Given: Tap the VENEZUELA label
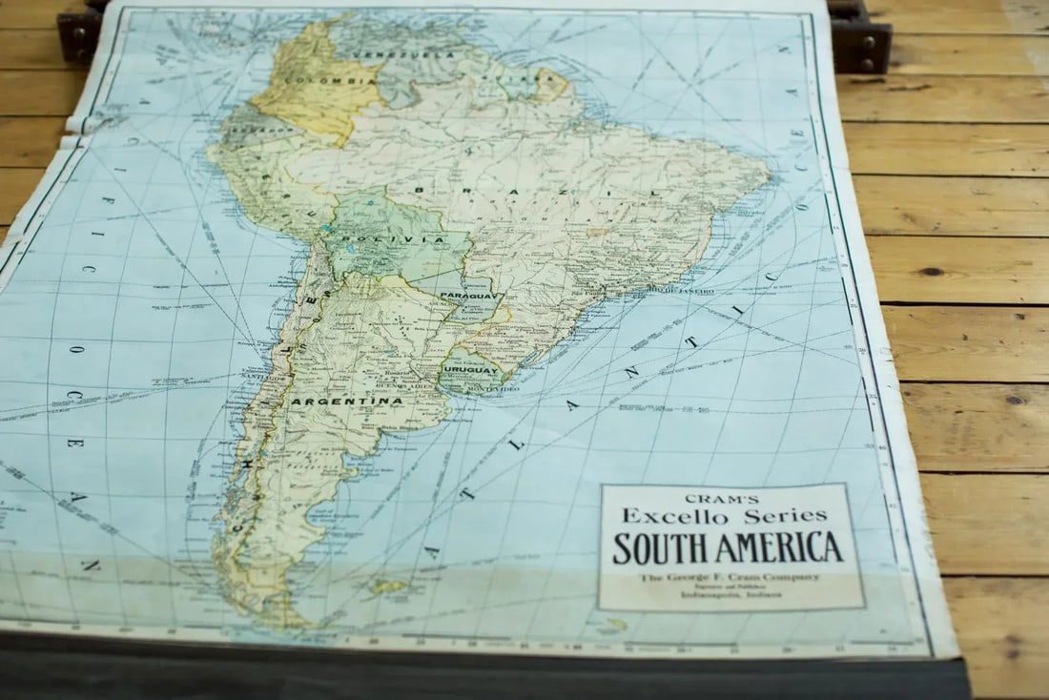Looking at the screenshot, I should pyautogui.click(x=403, y=54).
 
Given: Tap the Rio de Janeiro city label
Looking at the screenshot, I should pyautogui.click(x=681, y=290).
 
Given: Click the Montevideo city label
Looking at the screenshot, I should pyautogui.click(x=494, y=389).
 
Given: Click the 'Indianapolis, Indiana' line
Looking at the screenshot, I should pyautogui.click(x=730, y=595).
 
